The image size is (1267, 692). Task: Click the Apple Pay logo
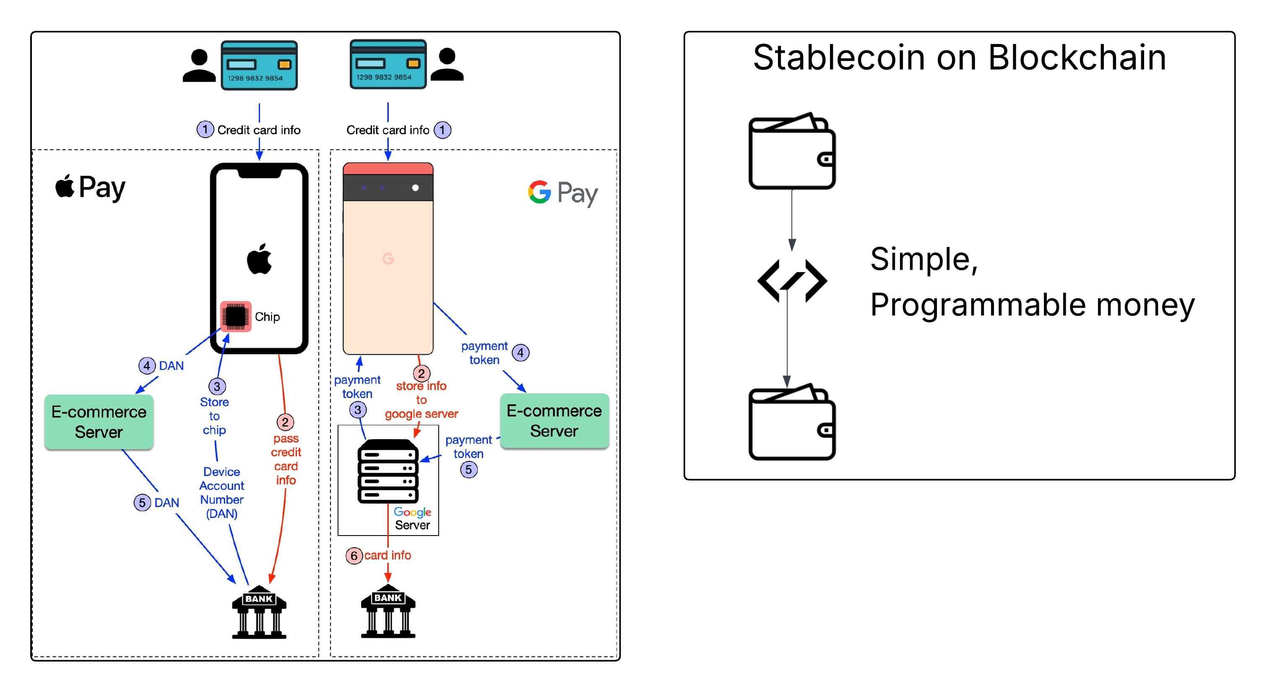[91, 187]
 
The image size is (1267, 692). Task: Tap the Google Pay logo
[563, 193]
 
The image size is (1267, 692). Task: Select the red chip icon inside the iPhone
[236, 316]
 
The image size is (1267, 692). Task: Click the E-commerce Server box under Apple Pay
[99, 422]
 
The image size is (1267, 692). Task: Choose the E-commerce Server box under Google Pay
[554, 421]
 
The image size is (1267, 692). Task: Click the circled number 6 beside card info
[354, 556]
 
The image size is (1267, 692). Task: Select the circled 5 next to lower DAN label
[142, 503]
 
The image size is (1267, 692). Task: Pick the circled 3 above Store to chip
[217, 386]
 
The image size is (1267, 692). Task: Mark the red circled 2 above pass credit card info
[285, 422]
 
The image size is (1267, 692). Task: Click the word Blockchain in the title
[1077, 57]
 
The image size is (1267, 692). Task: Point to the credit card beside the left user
[259, 65]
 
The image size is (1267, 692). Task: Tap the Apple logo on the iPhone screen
[259, 259]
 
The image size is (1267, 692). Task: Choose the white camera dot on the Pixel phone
[415, 188]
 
